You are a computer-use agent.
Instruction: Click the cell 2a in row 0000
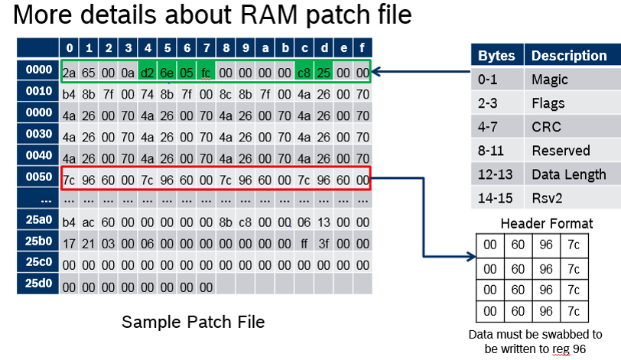70,73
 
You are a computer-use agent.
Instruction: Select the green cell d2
148,73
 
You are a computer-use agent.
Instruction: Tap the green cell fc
206,73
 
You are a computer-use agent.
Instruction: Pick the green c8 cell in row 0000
304,73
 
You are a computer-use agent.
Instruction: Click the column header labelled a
265,48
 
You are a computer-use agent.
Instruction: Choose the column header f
363,48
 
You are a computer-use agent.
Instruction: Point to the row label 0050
38,177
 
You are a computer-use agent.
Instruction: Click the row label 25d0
38,284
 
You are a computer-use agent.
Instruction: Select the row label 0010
38,91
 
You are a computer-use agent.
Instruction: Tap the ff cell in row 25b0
304,244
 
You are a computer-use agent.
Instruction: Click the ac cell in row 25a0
88,222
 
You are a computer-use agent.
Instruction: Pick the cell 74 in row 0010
148,94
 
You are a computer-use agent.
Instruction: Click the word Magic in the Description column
550,80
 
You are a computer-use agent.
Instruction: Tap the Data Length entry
569,174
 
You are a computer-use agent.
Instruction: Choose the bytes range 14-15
495,198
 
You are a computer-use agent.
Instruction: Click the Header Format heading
547,223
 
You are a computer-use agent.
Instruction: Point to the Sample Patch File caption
193,322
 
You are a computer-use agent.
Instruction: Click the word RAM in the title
269,15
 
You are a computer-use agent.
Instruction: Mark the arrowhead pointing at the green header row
376,72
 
